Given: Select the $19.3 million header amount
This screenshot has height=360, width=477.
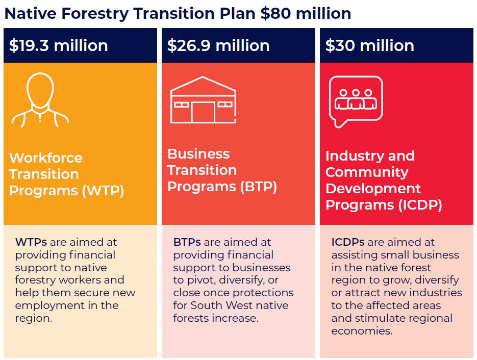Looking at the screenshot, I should pos(58,45).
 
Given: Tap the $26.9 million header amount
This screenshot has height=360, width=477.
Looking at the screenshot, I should pos(218,45).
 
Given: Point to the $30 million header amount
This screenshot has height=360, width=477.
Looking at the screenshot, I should pos(369,45).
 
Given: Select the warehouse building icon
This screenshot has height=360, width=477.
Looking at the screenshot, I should pos(203,100).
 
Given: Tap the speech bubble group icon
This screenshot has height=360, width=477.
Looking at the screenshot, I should pos(356,101).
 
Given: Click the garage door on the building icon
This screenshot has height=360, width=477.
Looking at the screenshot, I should pos(203,112).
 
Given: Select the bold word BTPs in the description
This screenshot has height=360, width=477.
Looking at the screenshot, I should pos(187,242).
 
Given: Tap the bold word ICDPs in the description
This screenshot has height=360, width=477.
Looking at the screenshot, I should pos(347,242).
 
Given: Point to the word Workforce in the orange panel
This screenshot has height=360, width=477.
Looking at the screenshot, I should pos(45,158).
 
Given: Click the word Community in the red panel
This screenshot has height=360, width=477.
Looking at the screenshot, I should pos(367,172).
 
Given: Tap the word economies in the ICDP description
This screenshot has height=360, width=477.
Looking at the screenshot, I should pos(362,331).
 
